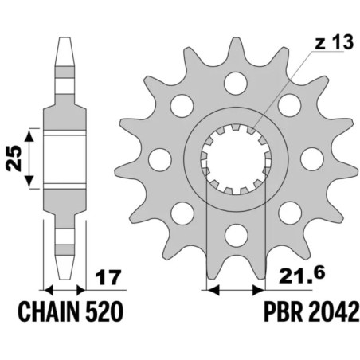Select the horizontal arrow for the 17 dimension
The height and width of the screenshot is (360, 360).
pos(64,287)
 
